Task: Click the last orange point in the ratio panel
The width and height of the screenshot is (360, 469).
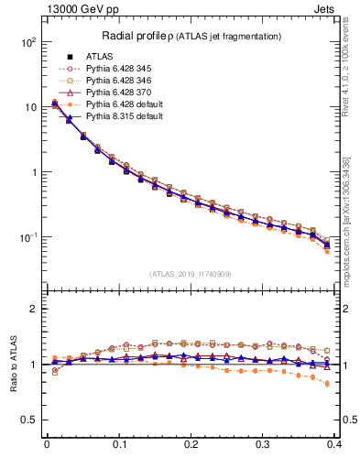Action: coord(327,384)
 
